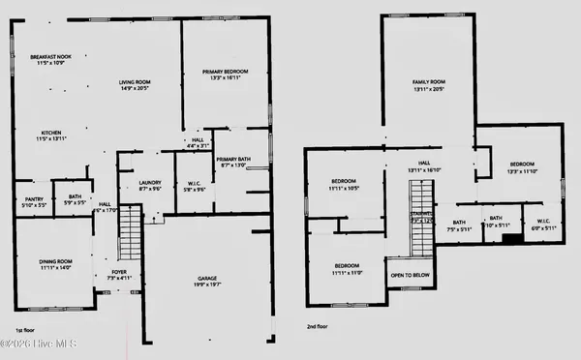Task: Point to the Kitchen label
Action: coord(52,135)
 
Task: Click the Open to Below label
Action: coord(410,274)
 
